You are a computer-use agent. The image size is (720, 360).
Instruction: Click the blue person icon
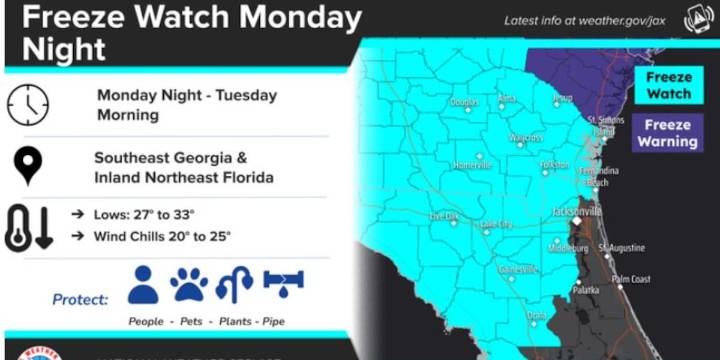pyautogui.click(x=144, y=286)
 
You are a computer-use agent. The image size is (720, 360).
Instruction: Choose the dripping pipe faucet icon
pyautogui.click(x=283, y=284)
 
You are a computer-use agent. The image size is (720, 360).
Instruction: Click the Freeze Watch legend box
pyautogui.click(x=669, y=86)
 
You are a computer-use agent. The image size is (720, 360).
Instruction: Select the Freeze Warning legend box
pyautogui.click(x=669, y=133)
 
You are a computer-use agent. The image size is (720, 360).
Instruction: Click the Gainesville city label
pyautogui.click(x=519, y=269)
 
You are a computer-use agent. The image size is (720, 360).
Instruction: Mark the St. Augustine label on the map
pyautogui.click(x=621, y=247)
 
